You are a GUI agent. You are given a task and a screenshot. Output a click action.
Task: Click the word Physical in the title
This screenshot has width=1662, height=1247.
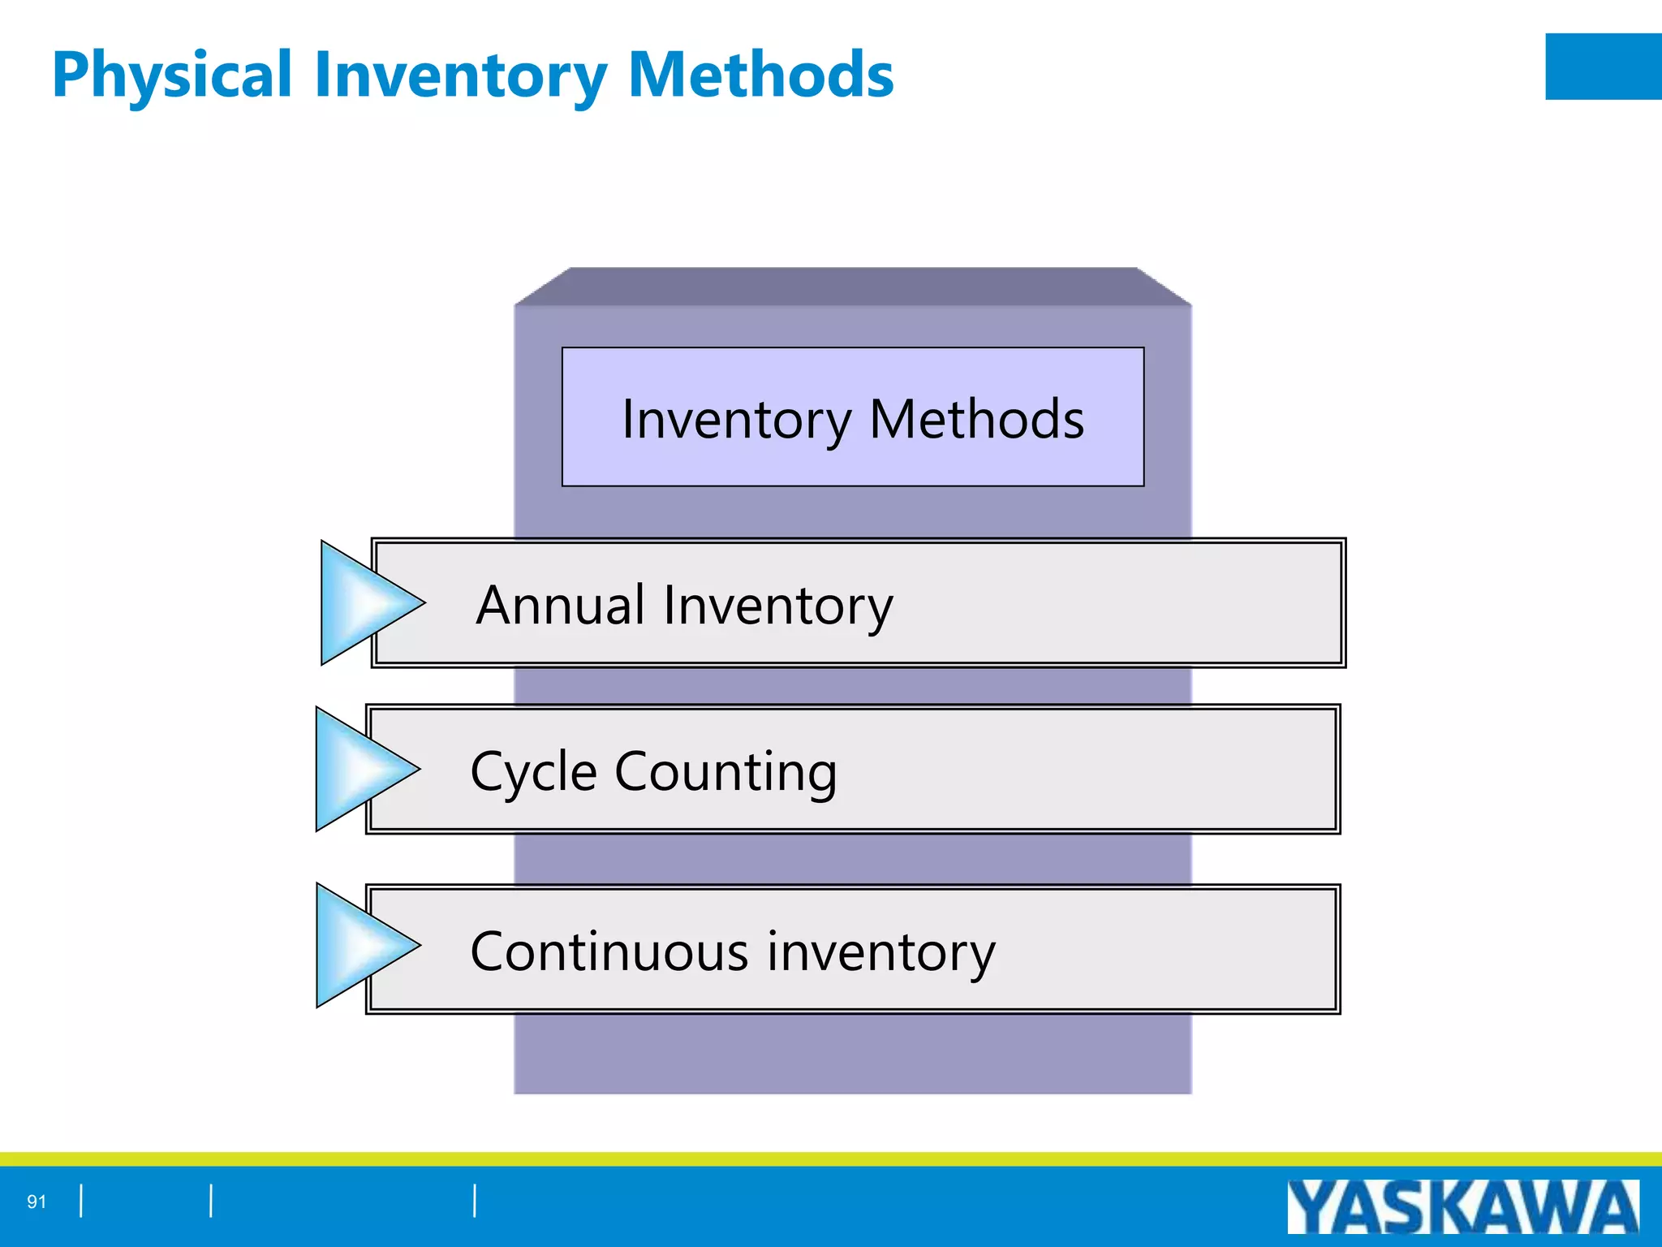171,76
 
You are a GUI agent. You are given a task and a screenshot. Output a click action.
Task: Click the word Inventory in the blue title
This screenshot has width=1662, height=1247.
459,76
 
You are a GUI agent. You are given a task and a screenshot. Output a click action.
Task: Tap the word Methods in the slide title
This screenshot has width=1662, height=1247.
760,76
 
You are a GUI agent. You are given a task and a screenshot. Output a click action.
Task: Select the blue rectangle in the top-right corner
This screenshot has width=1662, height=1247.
1603,67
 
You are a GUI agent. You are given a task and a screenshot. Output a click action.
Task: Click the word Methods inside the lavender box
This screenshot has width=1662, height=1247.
976,420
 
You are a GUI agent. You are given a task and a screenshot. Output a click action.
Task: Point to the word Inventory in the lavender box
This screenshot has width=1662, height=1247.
736,420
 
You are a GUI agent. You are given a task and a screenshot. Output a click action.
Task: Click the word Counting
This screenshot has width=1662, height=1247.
726,772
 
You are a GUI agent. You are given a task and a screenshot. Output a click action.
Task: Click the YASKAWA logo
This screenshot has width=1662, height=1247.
1462,1206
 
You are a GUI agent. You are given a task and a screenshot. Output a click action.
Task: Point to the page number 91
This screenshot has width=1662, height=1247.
37,1202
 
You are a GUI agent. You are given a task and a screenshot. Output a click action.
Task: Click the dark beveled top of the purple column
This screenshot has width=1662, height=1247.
852,287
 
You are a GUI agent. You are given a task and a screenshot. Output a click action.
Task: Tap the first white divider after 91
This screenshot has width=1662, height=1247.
81,1201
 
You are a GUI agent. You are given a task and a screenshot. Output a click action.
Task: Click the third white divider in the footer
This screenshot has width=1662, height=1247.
475,1201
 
